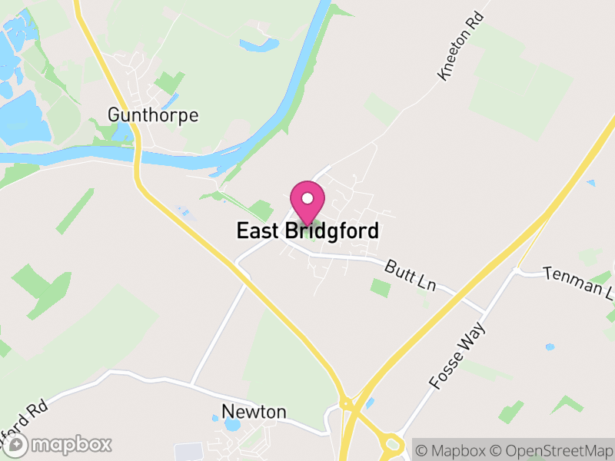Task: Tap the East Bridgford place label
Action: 307,230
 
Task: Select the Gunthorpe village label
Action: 153,116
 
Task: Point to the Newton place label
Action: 254,412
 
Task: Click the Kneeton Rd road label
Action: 460,55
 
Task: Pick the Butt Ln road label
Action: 411,275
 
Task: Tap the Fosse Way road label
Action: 458,356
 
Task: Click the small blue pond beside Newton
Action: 214,418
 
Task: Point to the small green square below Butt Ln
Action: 380,288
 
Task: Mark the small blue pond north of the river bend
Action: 259,45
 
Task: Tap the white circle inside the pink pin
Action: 307,198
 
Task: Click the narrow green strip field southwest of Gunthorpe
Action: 75,211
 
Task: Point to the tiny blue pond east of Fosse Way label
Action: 550,347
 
